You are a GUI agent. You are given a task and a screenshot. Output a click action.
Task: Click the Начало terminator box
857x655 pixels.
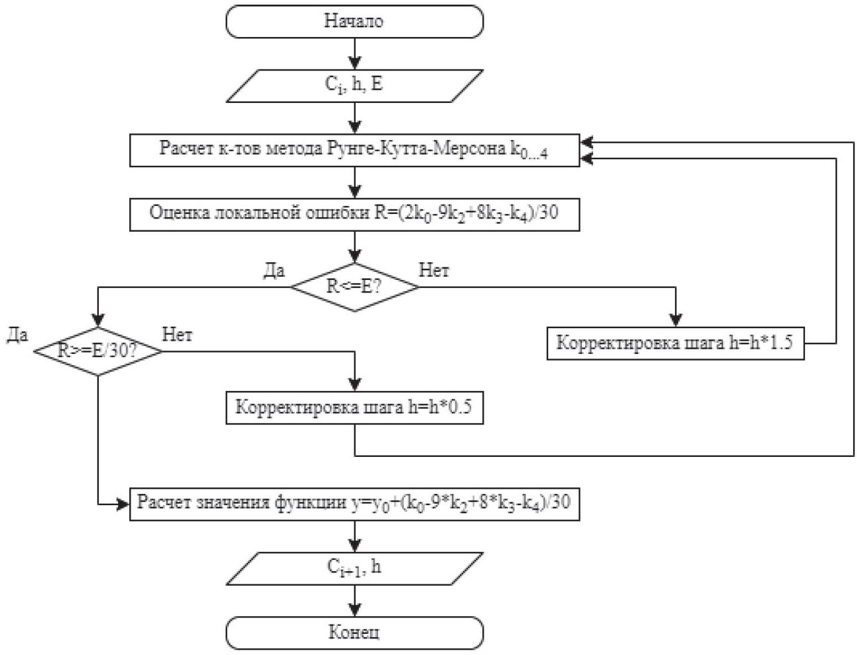[x=354, y=21]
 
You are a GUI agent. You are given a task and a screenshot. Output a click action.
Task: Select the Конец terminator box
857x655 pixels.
[x=354, y=633]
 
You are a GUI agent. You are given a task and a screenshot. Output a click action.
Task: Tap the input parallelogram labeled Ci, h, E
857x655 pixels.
[x=354, y=85]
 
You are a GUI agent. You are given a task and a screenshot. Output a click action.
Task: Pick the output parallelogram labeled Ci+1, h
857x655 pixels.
[x=354, y=568]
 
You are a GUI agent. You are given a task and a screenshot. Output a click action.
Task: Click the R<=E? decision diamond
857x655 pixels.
[x=354, y=287]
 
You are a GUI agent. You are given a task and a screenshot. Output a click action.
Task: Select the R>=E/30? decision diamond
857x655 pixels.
[x=98, y=351]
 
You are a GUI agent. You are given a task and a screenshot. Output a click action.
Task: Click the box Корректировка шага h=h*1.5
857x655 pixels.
[x=675, y=343]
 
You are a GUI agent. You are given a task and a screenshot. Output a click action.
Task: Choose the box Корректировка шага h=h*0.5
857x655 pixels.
[x=354, y=407]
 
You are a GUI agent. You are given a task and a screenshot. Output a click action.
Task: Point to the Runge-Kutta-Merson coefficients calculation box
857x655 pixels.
[x=354, y=151]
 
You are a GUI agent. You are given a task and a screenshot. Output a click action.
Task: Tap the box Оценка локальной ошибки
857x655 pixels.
[x=354, y=214]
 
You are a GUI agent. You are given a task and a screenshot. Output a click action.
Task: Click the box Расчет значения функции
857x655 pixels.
[x=354, y=504]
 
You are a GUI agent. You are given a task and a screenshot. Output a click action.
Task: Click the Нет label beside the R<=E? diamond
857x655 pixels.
[x=434, y=271]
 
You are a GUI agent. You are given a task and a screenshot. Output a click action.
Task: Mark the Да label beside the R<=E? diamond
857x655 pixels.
[x=274, y=271]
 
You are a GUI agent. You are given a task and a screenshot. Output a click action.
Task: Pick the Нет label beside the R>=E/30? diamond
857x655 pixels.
[x=177, y=335]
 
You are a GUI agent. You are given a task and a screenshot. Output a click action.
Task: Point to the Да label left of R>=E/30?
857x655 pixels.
[x=17, y=335]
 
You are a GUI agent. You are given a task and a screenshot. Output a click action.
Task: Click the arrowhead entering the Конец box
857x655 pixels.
[x=355, y=610]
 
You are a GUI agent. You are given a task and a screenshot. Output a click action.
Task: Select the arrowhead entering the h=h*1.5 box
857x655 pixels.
[x=676, y=322]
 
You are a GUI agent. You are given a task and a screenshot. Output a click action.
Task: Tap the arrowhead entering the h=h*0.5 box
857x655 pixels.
[x=355, y=386]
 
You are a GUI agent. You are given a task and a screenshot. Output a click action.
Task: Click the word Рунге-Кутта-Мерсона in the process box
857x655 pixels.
[x=416, y=149]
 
